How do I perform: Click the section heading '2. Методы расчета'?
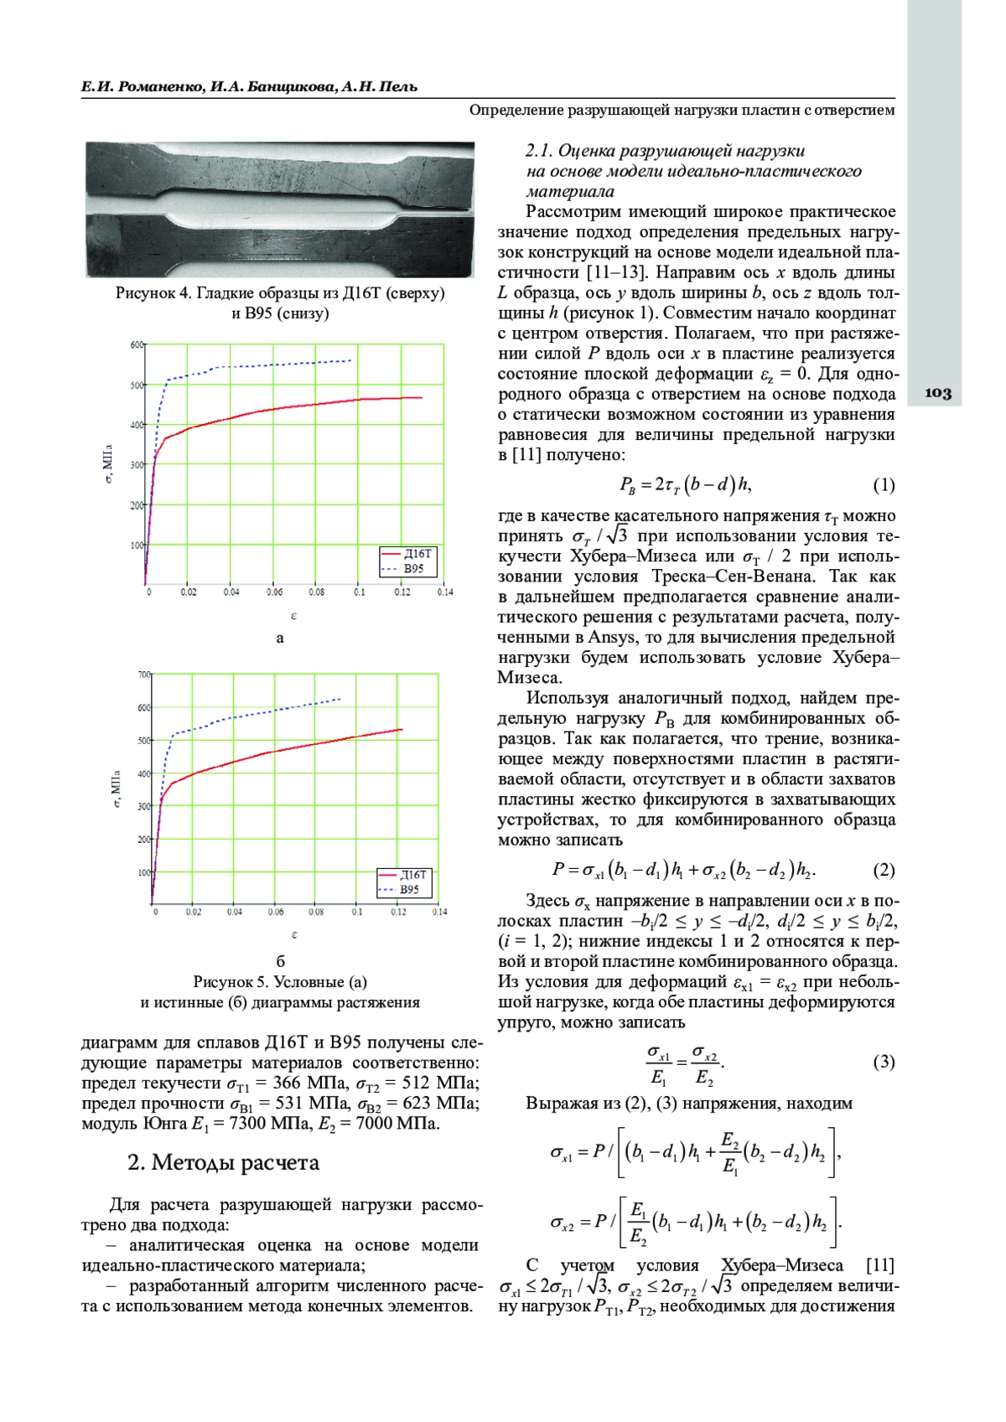pos(223,1163)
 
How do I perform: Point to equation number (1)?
pos(884,485)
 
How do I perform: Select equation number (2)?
pos(884,871)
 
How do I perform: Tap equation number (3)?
pos(884,1063)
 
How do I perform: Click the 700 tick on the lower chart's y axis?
pos(143,675)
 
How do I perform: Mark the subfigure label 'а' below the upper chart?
pos(280,639)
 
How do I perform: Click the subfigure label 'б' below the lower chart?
pos(281,961)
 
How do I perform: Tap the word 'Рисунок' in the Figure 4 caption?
pos(146,293)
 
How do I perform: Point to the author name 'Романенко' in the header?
pos(158,87)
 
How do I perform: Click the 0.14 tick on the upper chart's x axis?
pos(444,592)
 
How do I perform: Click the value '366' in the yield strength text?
pos(287,1083)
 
